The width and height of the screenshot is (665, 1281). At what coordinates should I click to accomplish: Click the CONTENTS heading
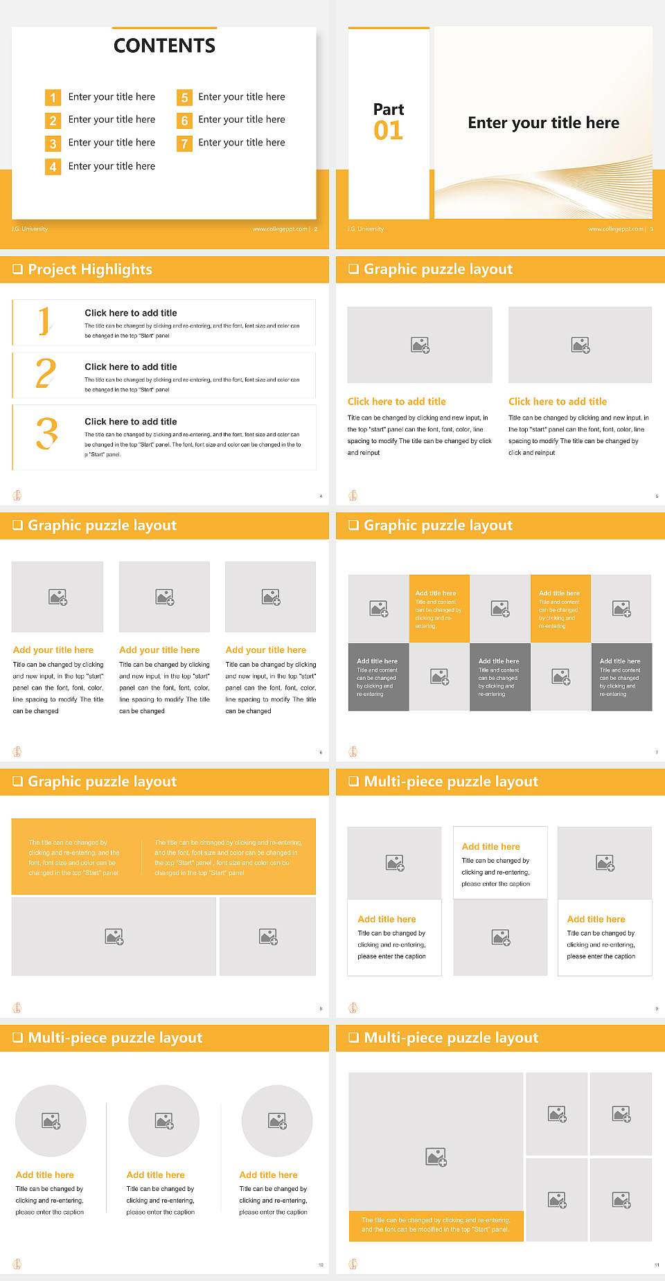(164, 46)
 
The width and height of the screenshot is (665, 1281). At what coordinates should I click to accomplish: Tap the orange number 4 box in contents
(53, 167)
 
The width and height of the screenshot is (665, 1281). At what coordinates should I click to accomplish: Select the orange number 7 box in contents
(184, 143)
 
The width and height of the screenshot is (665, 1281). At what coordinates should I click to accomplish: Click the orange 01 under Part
(388, 131)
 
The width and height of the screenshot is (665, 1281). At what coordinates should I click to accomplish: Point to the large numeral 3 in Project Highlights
(47, 433)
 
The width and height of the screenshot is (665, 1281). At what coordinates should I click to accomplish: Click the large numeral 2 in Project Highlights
(46, 373)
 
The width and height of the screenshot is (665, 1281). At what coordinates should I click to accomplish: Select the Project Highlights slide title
(90, 269)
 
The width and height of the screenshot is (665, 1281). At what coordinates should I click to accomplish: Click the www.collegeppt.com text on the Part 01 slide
(615, 229)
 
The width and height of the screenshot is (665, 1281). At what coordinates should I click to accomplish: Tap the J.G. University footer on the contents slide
(30, 229)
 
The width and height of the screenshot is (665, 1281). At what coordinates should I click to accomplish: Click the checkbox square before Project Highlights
(18, 269)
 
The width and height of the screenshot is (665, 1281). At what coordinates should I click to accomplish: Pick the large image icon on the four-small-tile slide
(436, 1156)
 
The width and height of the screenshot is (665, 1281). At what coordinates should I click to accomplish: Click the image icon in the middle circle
(164, 1120)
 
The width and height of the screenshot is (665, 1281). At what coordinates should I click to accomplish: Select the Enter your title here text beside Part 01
(543, 123)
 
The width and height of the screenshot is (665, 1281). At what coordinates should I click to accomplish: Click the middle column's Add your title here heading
(159, 650)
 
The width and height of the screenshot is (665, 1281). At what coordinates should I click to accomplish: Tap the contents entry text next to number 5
(241, 97)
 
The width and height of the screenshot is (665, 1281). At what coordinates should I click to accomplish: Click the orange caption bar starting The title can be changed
(436, 1225)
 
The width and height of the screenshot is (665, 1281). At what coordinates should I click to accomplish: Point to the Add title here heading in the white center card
(490, 846)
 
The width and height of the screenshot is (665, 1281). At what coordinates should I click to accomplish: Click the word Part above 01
(389, 109)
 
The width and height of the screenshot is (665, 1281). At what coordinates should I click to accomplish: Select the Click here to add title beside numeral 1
(131, 313)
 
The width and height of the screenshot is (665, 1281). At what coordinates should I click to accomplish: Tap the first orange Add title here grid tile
(439, 608)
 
